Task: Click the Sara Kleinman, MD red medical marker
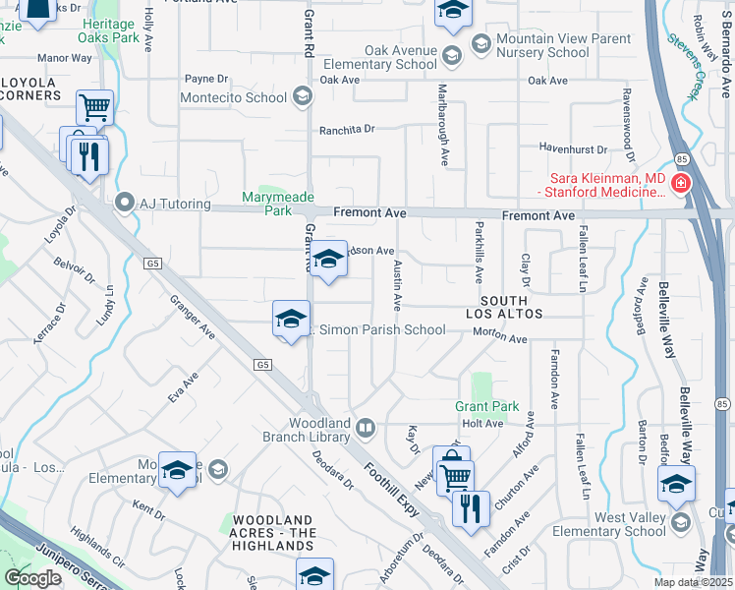click(680, 182)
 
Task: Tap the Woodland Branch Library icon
click(365, 428)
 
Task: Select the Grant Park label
click(485, 406)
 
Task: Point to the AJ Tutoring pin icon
click(124, 204)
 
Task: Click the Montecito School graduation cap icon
click(303, 97)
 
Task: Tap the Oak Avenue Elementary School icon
click(451, 51)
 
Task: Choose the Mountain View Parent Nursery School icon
click(481, 43)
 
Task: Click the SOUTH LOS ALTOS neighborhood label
click(504, 306)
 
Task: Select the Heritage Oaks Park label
click(108, 30)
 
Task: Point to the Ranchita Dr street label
click(347, 129)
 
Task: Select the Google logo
click(32, 578)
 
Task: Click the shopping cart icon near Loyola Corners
click(94, 106)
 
